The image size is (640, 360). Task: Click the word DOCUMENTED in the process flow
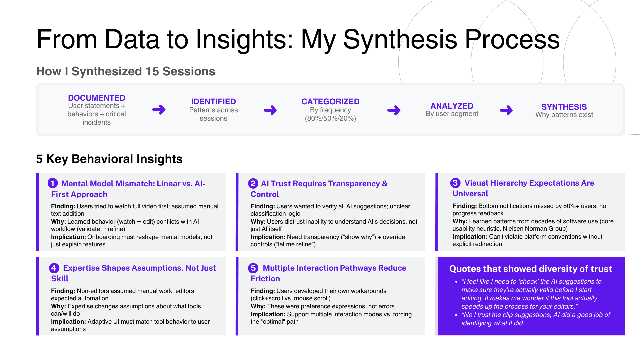97,98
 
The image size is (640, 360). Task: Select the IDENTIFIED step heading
213,102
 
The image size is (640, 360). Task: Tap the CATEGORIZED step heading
330,102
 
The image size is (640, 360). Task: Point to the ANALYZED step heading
452,106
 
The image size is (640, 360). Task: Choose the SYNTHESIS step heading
564,107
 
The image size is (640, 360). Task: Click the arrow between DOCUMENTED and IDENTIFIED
159,110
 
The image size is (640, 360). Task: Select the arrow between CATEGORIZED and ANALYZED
394,110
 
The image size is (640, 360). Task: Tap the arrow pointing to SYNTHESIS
506,110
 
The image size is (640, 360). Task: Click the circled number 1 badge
53,183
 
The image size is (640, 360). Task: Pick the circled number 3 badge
455,183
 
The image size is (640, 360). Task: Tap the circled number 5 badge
253,268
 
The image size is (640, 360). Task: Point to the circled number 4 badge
54,268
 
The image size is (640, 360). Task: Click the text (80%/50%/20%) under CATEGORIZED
330,118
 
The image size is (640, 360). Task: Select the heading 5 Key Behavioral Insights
109,159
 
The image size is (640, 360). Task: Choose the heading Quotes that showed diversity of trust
531,269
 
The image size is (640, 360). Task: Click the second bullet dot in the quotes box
456,315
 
